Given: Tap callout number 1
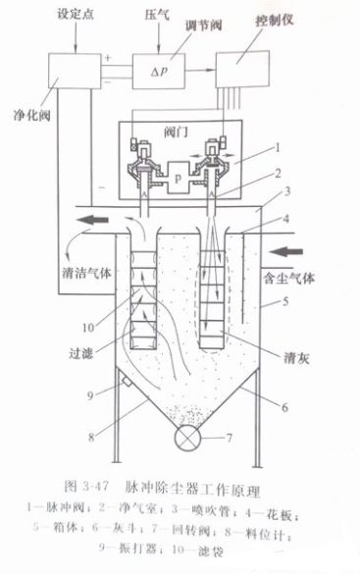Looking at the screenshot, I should click(x=279, y=147).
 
